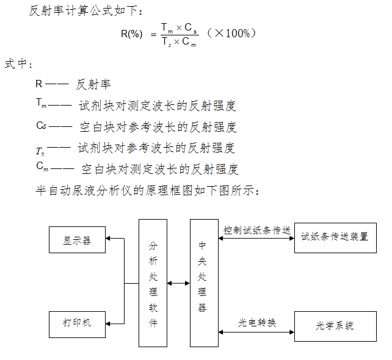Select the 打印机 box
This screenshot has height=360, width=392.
77,323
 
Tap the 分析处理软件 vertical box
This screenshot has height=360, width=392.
153,283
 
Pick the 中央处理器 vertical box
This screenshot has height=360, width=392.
203,283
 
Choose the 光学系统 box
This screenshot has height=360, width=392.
335,325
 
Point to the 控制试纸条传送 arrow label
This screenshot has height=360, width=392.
256,231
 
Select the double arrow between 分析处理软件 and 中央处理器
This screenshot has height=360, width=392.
178,283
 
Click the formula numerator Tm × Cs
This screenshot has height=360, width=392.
178,27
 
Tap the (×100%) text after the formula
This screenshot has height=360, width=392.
231,33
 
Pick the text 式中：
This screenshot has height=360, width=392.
18,63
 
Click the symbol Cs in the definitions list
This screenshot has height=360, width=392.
42,126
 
